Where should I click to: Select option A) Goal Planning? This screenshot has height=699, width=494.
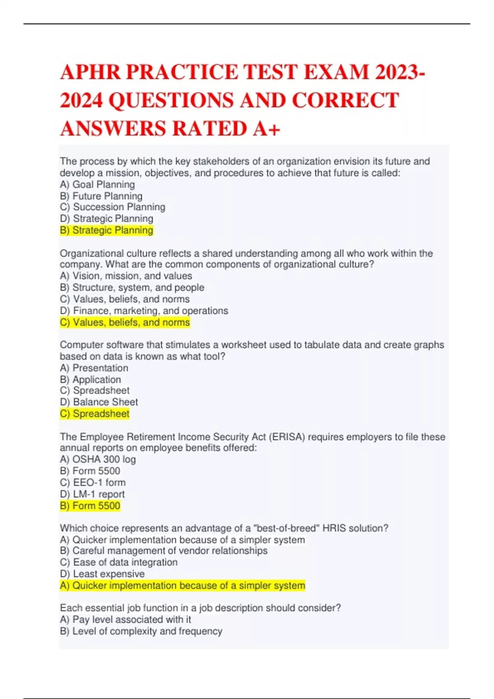tap(97, 185)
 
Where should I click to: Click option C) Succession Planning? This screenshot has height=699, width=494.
tap(112, 207)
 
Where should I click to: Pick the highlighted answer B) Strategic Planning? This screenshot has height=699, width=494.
tap(106, 230)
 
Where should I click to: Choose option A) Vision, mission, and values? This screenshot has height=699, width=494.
tap(126, 276)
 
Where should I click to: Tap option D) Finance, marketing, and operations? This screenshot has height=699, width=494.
tap(144, 311)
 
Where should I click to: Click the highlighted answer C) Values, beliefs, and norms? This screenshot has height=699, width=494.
tap(125, 322)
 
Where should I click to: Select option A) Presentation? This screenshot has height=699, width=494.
tap(94, 368)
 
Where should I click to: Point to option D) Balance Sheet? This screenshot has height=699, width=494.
tap(99, 402)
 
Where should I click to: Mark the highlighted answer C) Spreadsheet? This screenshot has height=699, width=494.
tap(95, 414)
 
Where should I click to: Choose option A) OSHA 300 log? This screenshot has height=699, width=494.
tap(98, 459)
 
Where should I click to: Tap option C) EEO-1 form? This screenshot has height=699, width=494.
tap(93, 482)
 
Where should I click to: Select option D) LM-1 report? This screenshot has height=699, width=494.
tap(92, 494)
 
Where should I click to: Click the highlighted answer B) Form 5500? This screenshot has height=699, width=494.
tap(90, 506)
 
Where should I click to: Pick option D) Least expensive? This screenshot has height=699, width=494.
tap(102, 574)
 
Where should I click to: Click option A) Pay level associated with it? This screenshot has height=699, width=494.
tap(125, 620)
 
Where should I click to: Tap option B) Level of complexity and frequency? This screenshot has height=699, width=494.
tap(141, 631)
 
